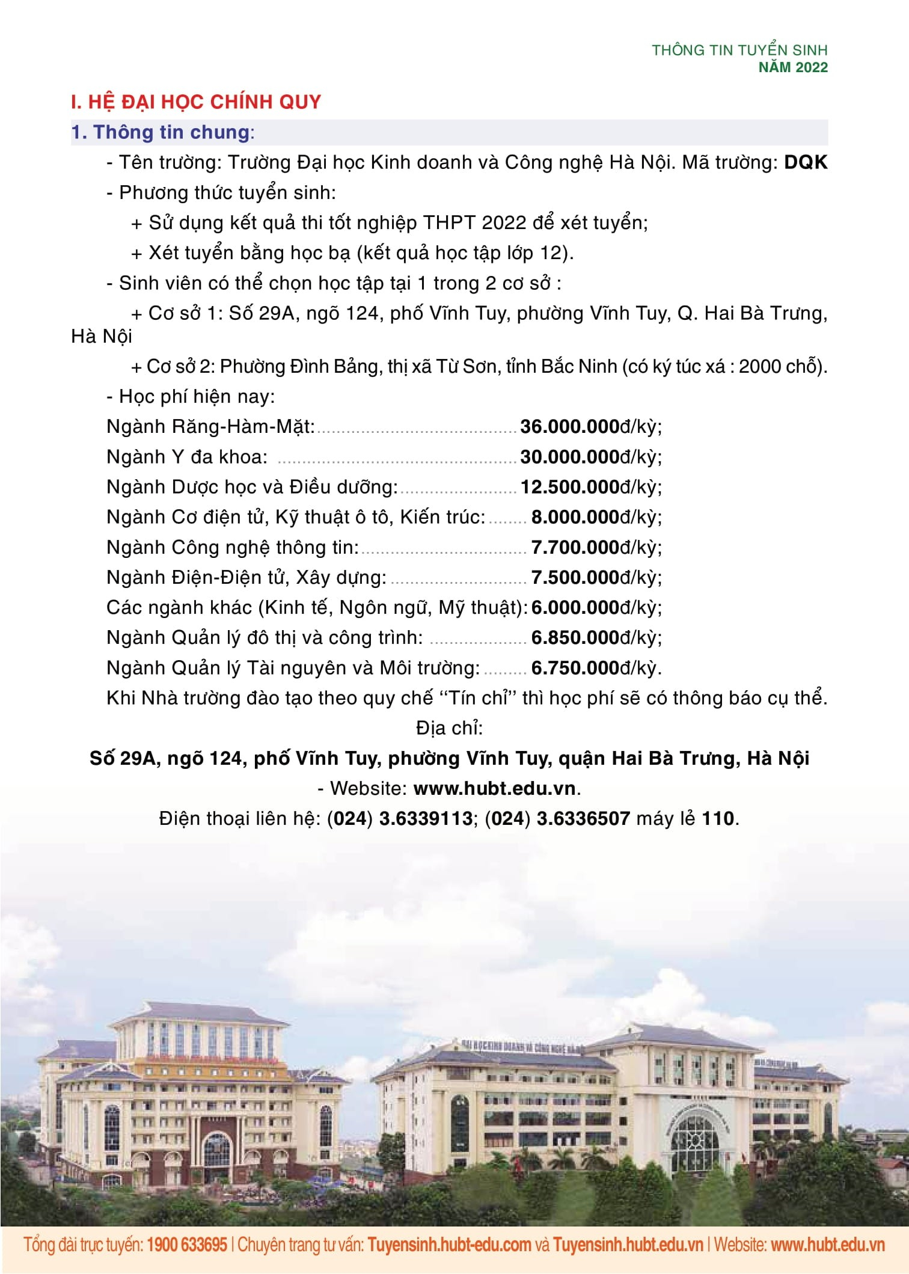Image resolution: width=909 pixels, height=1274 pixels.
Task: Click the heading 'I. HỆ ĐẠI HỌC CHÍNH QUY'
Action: click(x=196, y=102)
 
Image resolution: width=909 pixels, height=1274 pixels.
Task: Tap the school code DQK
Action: click(x=806, y=162)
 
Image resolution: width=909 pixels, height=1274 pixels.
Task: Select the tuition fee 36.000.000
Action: click(x=569, y=427)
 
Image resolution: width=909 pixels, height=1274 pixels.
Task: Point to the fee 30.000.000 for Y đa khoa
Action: click(x=569, y=457)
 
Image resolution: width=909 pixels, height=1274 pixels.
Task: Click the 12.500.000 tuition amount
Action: click(x=569, y=487)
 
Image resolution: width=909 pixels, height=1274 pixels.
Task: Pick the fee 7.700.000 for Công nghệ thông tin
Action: click(x=575, y=547)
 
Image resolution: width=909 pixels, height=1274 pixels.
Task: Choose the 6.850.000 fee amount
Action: click(x=575, y=637)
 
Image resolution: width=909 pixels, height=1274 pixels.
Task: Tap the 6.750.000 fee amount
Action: click(x=575, y=668)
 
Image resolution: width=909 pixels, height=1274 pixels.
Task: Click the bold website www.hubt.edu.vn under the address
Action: click(x=495, y=788)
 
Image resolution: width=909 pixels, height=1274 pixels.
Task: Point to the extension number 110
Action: click(x=718, y=818)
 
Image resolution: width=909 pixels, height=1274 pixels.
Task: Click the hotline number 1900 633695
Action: click(x=187, y=1244)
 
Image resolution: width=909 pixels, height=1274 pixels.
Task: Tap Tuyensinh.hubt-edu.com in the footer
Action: click(x=449, y=1244)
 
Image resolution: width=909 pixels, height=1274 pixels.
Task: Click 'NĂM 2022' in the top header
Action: click(x=793, y=67)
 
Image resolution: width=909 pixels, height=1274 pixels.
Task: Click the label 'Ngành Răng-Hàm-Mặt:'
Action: click(x=210, y=427)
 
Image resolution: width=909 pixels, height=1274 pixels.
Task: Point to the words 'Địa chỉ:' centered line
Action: click(x=449, y=728)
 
